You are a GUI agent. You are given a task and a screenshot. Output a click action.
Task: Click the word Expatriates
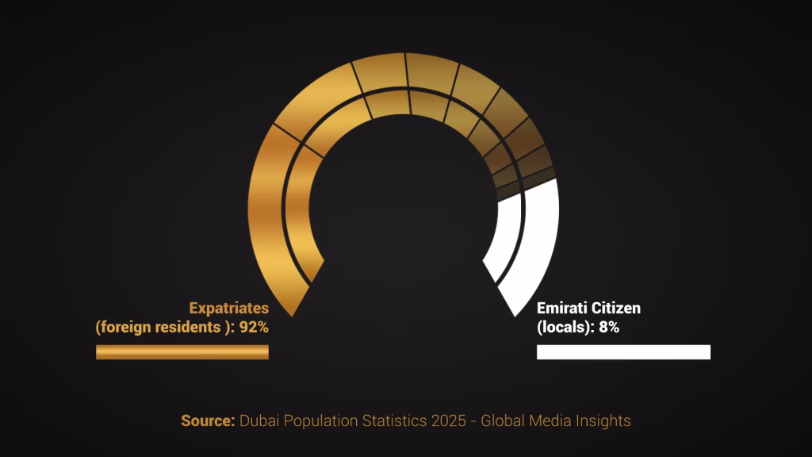(228, 308)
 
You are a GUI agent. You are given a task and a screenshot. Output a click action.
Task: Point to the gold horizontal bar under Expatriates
(182, 351)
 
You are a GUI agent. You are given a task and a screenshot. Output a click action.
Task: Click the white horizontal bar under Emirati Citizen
(623, 351)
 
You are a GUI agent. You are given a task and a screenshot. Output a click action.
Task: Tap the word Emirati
(561, 308)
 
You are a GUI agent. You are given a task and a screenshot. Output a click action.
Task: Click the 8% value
(609, 327)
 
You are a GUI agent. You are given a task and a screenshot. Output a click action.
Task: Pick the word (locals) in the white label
(565, 327)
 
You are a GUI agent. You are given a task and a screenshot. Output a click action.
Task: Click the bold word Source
(208, 421)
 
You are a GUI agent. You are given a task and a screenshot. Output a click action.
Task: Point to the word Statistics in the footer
(395, 421)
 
